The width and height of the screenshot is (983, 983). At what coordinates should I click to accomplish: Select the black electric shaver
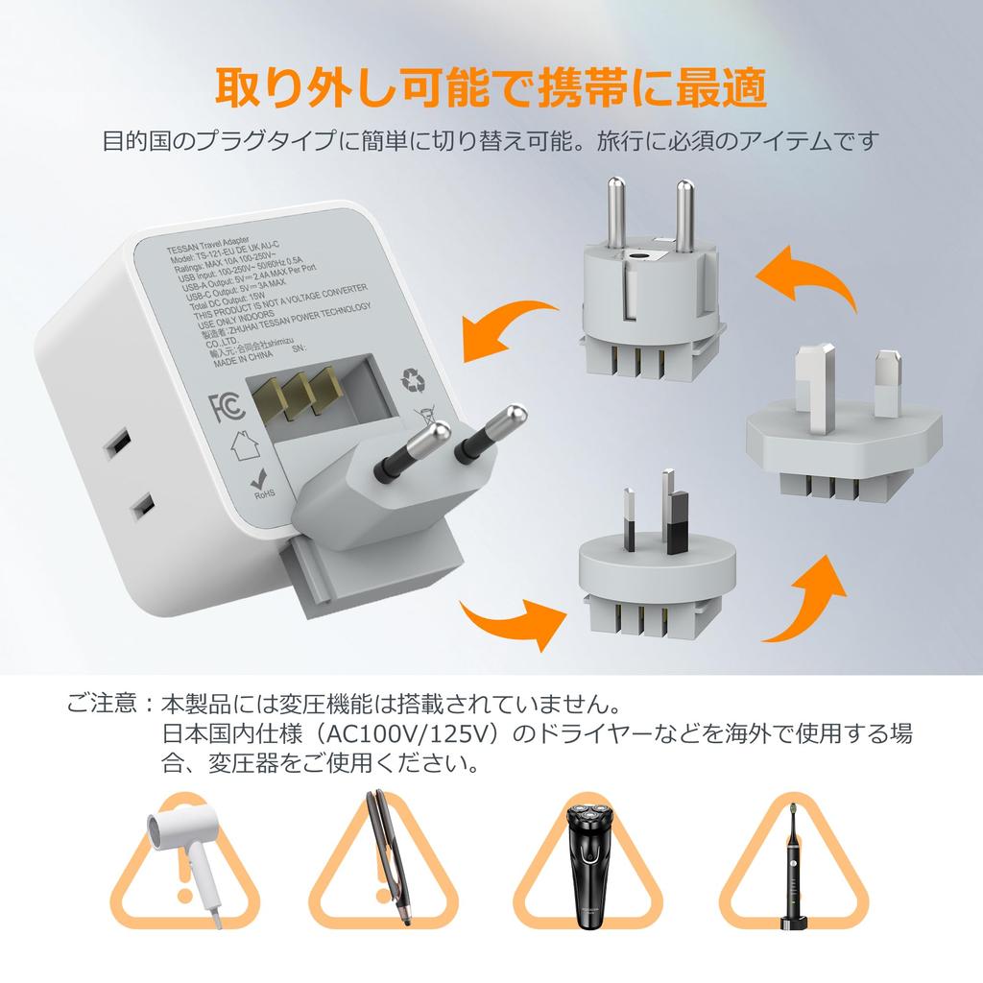[x=587, y=863]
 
